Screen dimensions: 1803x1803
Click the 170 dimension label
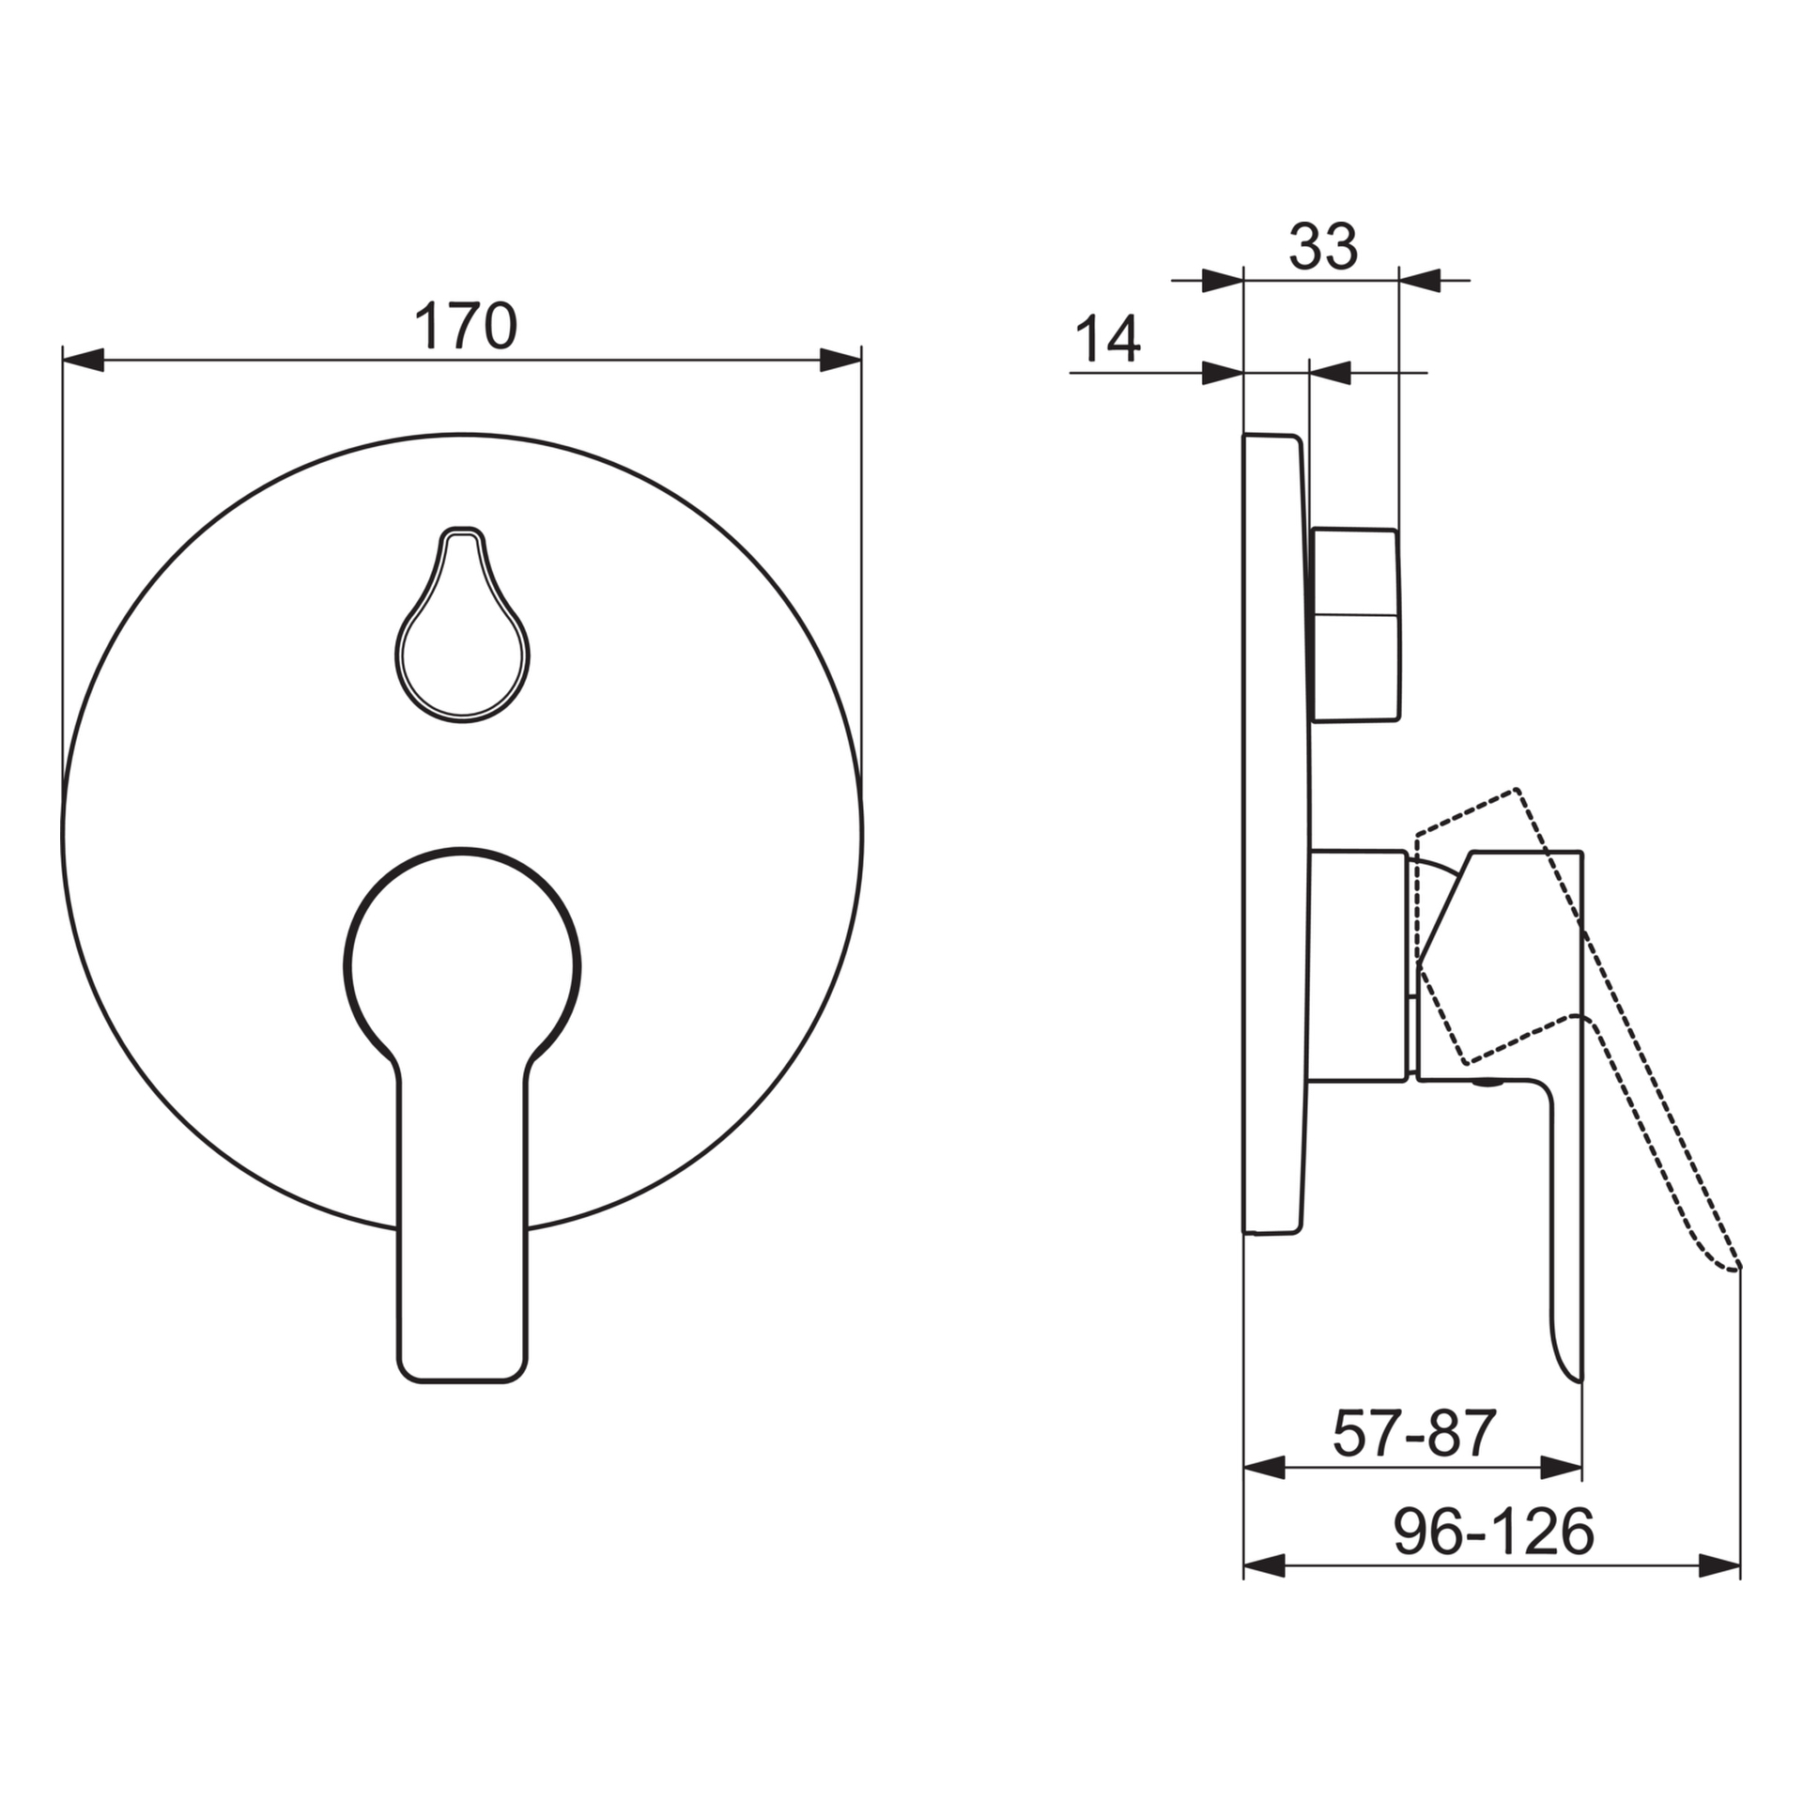click(x=466, y=325)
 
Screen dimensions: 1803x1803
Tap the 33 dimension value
click(x=1323, y=247)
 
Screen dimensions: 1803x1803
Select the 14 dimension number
click(x=1108, y=339)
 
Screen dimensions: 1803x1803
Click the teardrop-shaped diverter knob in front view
click(x=462, y=625)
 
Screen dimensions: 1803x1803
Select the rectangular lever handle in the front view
click(x=462, y=1230)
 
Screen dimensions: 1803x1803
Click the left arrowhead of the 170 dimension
click(x=83, y=360)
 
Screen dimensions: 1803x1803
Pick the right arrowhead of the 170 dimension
click(x=840, y=360)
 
